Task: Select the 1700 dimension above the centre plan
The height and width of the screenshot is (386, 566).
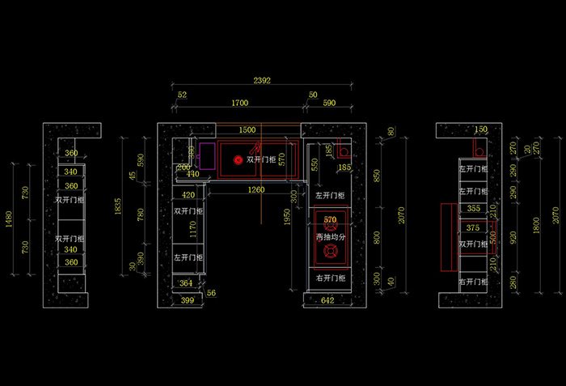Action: [239, 104]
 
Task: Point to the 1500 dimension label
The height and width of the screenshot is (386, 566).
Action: [247, 130]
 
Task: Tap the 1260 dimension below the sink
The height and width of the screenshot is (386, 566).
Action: [256, 190]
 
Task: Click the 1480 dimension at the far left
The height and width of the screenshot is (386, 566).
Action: [11, 218]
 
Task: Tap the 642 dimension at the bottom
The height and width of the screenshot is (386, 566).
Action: [327, 301]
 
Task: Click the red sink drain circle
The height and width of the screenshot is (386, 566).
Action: [239, 160]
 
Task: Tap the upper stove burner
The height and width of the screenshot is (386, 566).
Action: [330, 222]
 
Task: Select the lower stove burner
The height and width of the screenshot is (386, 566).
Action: [330, 253]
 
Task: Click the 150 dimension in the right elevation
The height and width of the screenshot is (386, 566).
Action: [480, 129]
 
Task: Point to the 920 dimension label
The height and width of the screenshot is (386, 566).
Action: [513, 237]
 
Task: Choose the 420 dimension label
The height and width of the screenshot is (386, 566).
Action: [188, 195]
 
